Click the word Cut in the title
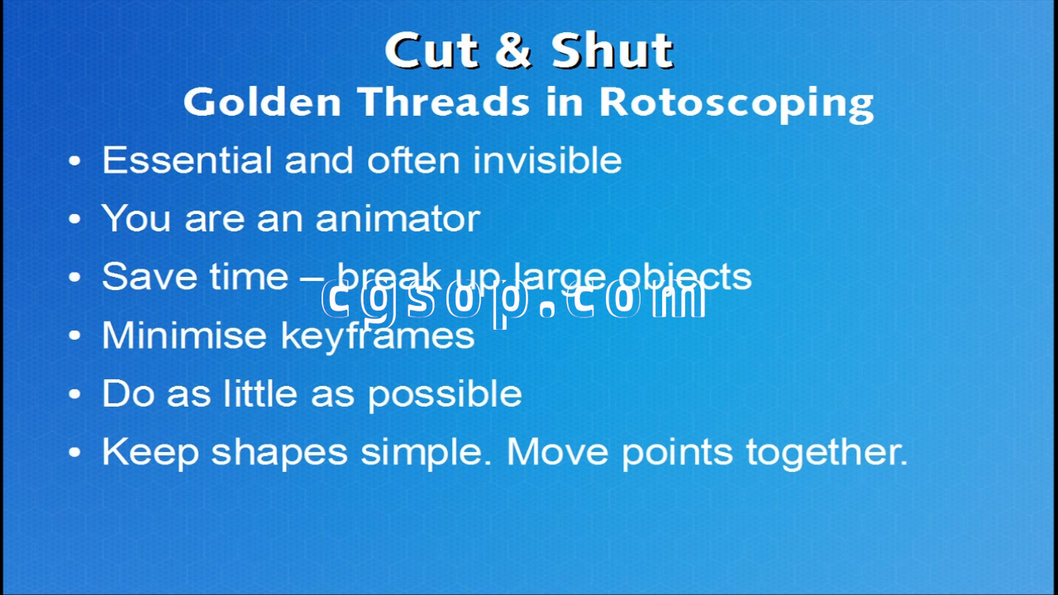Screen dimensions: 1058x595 (x=431, y=50)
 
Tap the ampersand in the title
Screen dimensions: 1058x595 (x=513, y=50)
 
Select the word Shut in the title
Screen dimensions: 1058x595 (x=612, y=50)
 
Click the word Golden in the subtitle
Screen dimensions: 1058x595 (x=262, y=102)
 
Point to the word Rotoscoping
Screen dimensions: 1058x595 (x=736, y=105)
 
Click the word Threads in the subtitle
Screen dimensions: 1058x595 (x=444, y=102)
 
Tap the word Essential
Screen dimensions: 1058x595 (x=187, y=159)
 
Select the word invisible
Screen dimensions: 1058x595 (x=547, y=159)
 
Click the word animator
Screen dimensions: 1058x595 (x=398, y=218)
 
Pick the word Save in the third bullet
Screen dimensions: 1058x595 (x=149, y=276)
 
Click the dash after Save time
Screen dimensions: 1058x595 (x=312, y=278)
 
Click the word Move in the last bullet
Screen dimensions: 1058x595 (x=557, y=452)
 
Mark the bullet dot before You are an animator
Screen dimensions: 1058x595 (x=74, y=219)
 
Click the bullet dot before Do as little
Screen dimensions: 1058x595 (x=74, y=394)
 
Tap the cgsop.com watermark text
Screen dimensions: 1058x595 (x=513, y=302)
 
